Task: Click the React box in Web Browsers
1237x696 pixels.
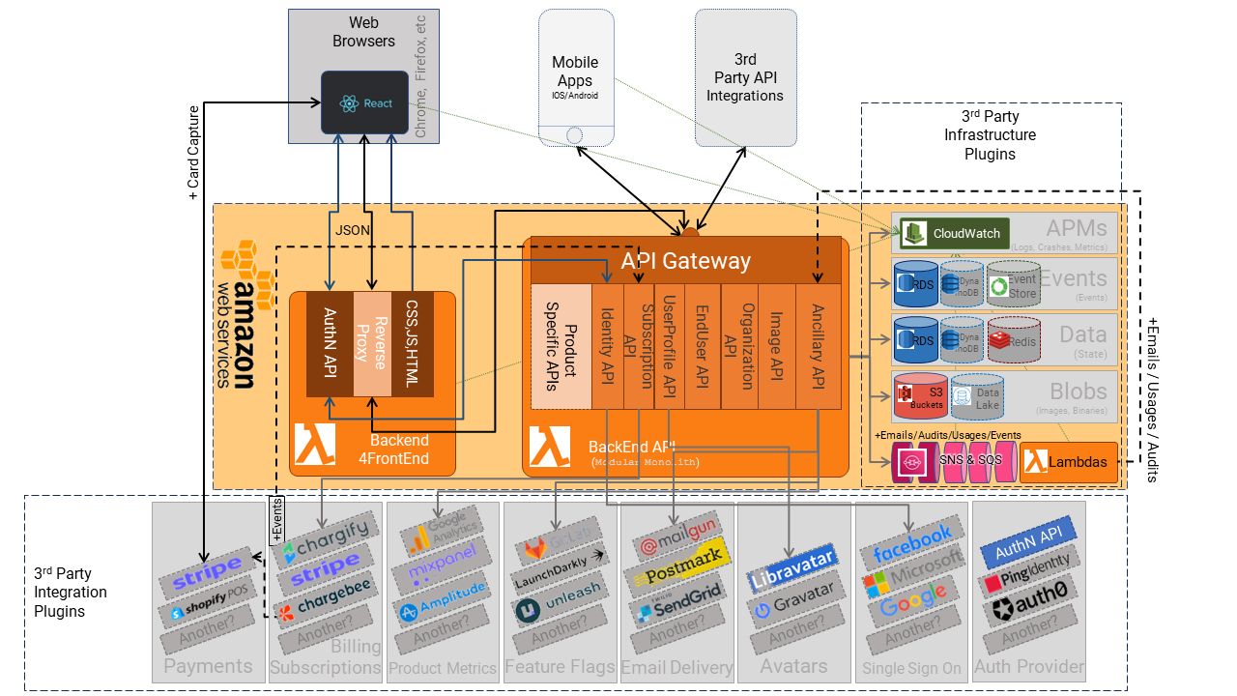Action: (x=365, y=102)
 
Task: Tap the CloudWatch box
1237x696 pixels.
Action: (x=955, y=233)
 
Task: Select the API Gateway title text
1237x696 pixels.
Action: (x=685, y=260)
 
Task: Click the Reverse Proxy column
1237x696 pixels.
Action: (x=371, y=343)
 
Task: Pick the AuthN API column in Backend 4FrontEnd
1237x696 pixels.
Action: (x=329, y=343)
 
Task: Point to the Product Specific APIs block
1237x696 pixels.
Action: (x=561, y=345)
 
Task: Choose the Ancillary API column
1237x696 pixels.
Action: (x=818, y=345)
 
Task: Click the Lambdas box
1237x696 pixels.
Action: (x=1069, y=463)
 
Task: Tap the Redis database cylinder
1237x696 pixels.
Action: (x=1014, y=339)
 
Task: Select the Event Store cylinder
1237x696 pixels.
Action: (x=1013, y=284)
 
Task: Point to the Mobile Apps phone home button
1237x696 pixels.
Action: (x=575, y=135)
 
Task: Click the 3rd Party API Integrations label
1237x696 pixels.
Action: (x=745, y=77)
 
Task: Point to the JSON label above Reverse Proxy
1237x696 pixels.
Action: (x=350, y=230)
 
